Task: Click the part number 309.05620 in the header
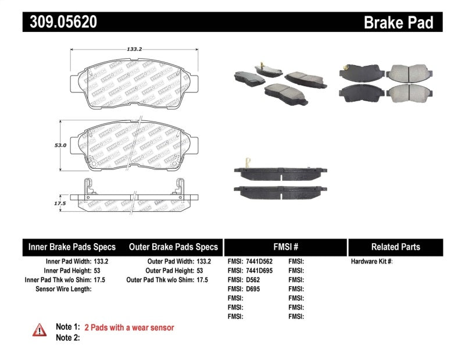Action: [60, 22]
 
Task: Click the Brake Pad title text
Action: [398, 22]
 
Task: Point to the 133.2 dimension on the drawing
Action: [135, 49]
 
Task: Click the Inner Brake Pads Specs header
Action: [72, 247]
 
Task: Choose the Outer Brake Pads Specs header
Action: [173, 247]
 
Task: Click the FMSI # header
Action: [285, 247]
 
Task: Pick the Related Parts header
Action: [395, 247]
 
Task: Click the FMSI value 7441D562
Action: [259, 262]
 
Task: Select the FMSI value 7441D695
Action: [259, 271]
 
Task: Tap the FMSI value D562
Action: [253, 280]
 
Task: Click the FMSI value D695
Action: [253, 289]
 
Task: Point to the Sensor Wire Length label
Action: [63, 289]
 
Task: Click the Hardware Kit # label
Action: [371, 262]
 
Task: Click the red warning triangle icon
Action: [40, 330]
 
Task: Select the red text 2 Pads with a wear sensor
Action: [129, 327]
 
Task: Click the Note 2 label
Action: [67, 337]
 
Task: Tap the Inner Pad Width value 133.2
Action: [101, 262]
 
